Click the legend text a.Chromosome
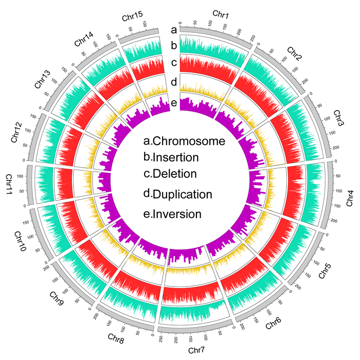(184, 141)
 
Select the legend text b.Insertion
(171, 157)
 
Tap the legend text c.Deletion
(170, 174)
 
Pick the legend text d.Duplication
(178, 194)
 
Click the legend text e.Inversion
(172, 213)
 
